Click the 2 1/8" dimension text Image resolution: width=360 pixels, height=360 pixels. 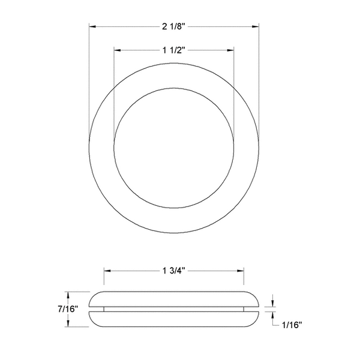[x=173, y=26]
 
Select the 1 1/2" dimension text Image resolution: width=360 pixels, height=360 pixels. [x=173, y=51]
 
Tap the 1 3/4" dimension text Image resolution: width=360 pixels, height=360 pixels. [x=173, y=271]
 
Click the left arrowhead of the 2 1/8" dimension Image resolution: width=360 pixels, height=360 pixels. [x=92, y=26]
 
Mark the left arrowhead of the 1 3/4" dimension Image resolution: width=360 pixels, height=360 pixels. [x=107, y=271]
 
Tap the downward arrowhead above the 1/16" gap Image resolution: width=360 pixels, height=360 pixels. [x=273, y=304]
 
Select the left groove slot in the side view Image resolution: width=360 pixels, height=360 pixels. [x=96, y=309]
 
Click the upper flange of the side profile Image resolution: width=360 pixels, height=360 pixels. [x=173, y=299]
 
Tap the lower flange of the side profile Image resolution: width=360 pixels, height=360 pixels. [x=173, y=319]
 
